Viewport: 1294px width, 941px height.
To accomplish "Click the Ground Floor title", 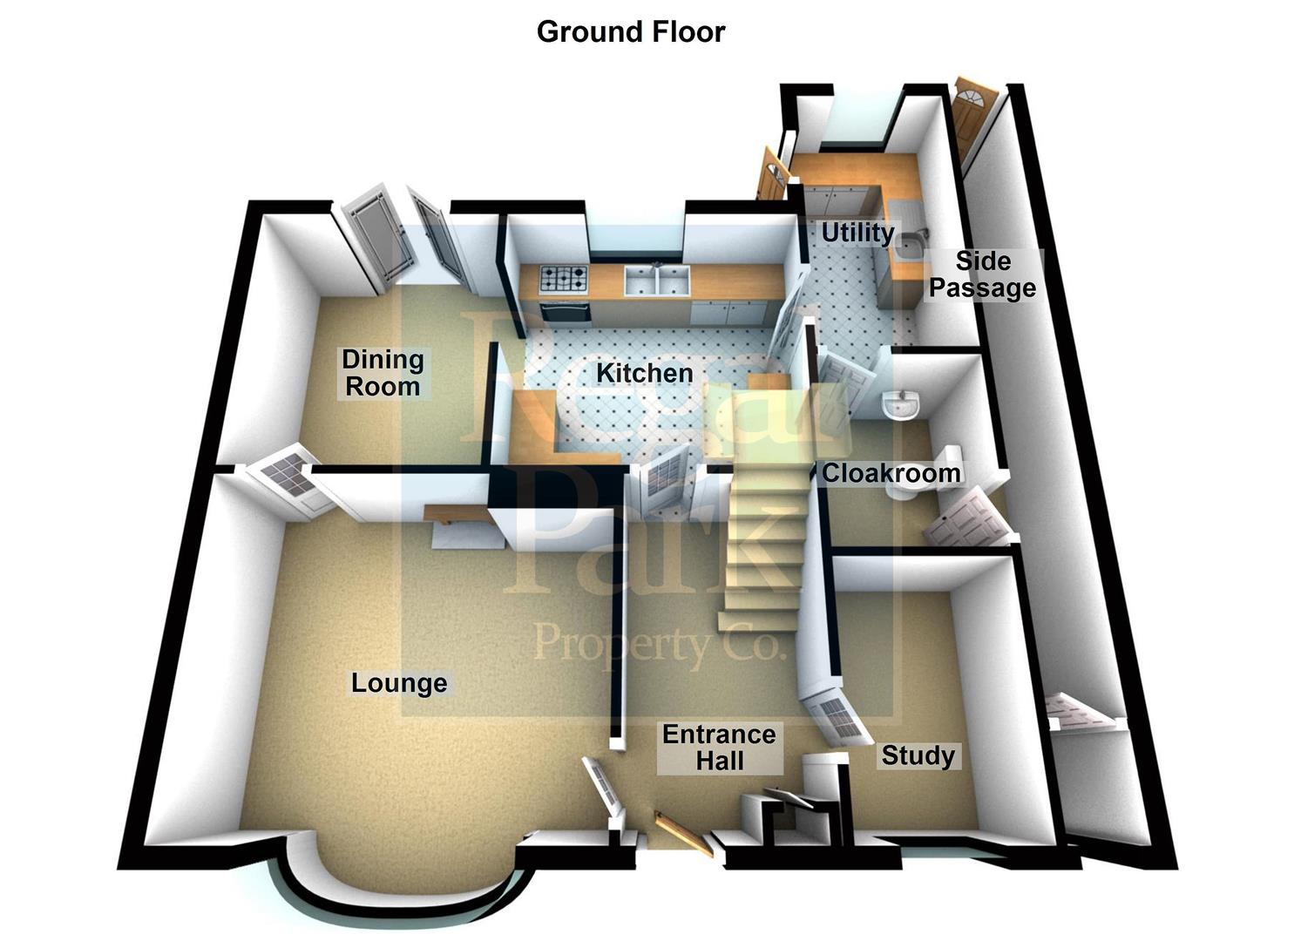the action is (x=630, y=32).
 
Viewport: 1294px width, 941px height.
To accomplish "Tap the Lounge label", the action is (x=399, y=683).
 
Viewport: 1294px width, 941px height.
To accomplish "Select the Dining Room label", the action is (x=383, y=373).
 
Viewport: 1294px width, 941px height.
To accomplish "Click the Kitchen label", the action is (x=644, y=374).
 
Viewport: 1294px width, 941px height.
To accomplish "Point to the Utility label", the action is (x=857, y=233).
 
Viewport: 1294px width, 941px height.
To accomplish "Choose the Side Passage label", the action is (x=982, y=274).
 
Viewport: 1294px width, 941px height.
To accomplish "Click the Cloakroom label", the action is (x=891, y=473).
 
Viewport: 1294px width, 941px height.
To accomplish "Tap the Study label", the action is (x=918, y=755).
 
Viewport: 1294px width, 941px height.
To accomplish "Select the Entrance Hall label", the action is (x=719, y=748).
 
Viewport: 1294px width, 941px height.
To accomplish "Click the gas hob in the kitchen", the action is (x=564, y=279).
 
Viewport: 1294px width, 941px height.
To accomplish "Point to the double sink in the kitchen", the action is (x=657, y=280).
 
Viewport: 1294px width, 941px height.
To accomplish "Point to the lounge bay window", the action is (x=401, y=897).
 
